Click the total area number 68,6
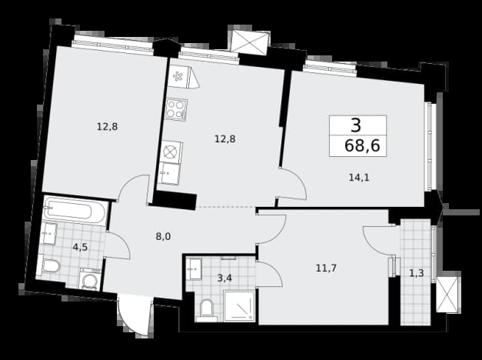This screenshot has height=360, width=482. tap(362, 145)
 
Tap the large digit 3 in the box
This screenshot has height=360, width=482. tap(356, 125)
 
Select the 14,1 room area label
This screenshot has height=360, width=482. tap(359, 178)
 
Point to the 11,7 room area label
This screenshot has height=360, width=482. tap(326, 268)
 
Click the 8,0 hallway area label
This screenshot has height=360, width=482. tap(163, 237)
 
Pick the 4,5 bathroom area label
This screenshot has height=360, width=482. tap(80, 247)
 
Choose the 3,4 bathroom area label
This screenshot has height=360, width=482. tap(224, 278)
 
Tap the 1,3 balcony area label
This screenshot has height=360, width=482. tap(417, 273)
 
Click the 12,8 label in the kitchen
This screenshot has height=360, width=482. tap(225, 139)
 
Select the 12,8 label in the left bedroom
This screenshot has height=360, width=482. tap(108, 126)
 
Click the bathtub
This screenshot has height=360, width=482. tap(75, 211)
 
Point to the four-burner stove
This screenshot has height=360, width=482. tap(176, 109)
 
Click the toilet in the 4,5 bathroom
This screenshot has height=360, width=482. tap(48, 265)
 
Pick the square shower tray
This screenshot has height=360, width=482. tap(239, 305)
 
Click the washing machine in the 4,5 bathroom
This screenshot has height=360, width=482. tap(90, 279)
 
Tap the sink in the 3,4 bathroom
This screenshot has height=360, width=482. tap(194, 269)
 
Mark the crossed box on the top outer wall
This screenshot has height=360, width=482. tap(250, 42)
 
